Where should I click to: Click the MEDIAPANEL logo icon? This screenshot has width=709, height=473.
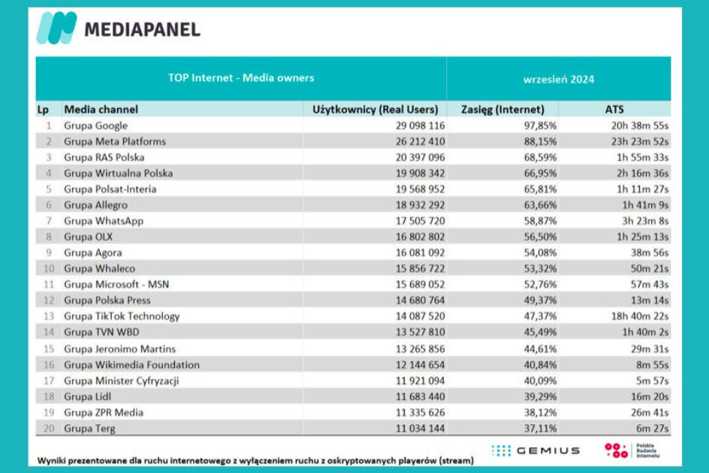[57, 28]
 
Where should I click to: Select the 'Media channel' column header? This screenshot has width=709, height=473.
[101, 109]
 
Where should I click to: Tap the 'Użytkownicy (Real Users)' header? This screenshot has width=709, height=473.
[375, 109]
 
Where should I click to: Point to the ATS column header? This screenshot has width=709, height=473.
[614, 109]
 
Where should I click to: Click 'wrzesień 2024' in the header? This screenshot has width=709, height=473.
[559, 79]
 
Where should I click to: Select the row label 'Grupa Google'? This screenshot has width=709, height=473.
[95, 126]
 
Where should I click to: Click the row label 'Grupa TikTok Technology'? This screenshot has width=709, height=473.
[122, 317]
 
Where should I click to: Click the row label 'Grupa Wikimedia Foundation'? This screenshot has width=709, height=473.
[131, 365]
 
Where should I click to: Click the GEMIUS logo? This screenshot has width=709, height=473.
[536, 450]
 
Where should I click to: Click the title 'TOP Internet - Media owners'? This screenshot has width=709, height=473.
[241, 77]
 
